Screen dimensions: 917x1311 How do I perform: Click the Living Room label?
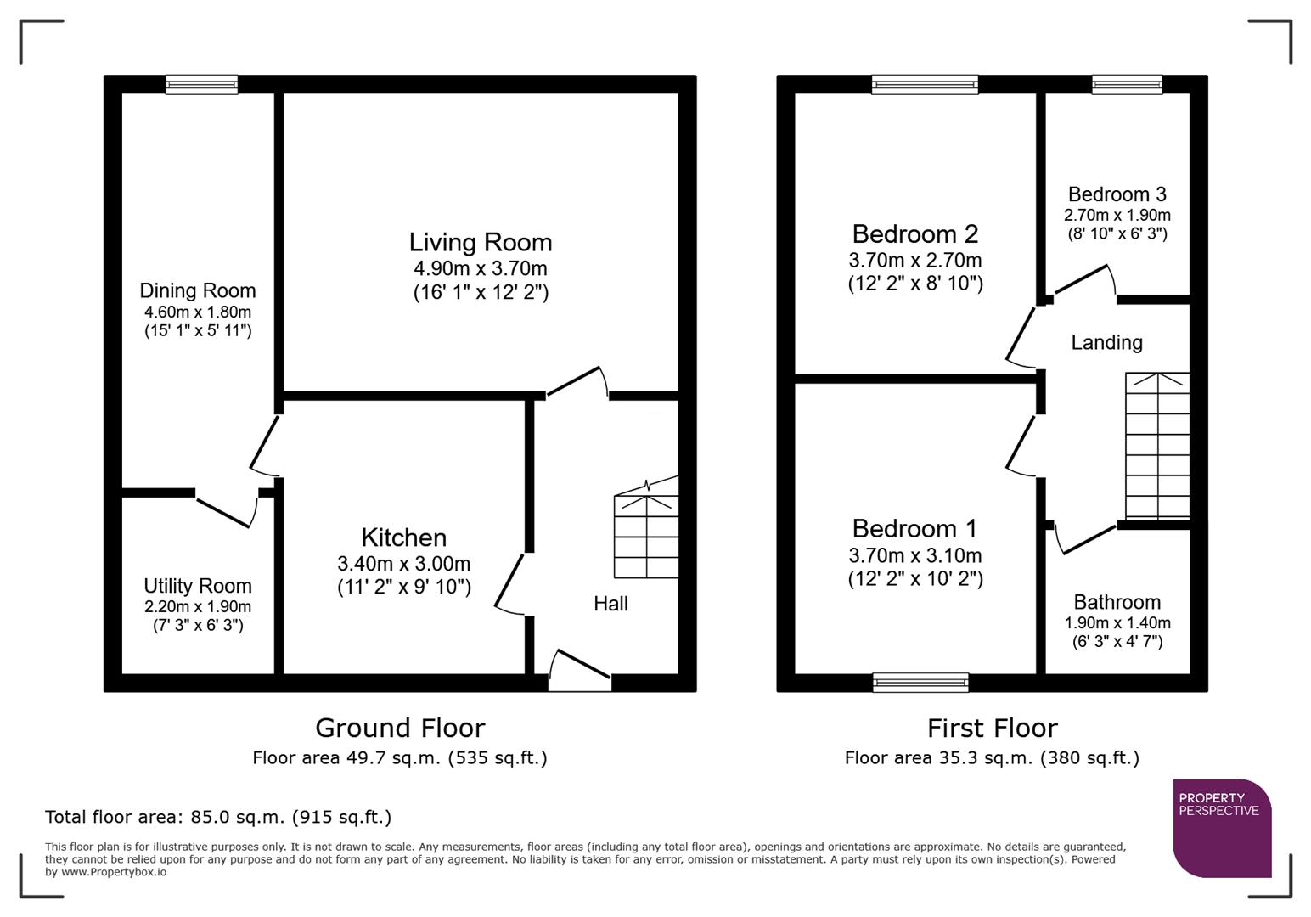pos(481,242)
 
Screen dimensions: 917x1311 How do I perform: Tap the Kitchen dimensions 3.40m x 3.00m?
pos(403,564)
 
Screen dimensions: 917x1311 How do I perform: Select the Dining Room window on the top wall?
pos(201,84)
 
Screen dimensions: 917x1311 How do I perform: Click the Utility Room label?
pos(197,586)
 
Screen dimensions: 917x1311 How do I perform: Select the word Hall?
pos(610,604)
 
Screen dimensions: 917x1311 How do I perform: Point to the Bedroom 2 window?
pos(925,84)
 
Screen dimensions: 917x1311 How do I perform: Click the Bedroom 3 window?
pos(1127,84)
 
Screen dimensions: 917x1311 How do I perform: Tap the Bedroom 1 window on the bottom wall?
pos(921,682)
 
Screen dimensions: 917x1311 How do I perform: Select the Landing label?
pos(1106,342)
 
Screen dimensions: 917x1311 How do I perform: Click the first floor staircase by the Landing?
pos(1156,446)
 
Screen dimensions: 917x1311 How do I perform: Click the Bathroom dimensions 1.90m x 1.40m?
pos(1117,622)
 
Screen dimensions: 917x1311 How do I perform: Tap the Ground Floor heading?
pos(400,728)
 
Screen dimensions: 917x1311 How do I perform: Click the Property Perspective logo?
pos(1221,828)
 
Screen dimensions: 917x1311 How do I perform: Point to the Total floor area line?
pos(218,817)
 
